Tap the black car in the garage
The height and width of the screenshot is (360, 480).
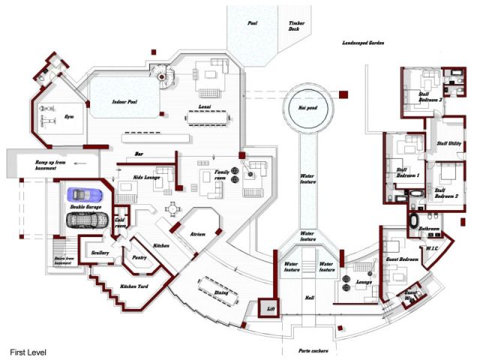coord(88,219)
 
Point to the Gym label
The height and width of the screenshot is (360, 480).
coord(70,117)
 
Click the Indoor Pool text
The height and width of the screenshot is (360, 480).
coord(124,101)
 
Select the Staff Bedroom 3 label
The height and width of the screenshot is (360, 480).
coord(430,96)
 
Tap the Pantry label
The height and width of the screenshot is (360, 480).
coord(139,256)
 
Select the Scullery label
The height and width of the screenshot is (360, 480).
coord(101,253)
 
